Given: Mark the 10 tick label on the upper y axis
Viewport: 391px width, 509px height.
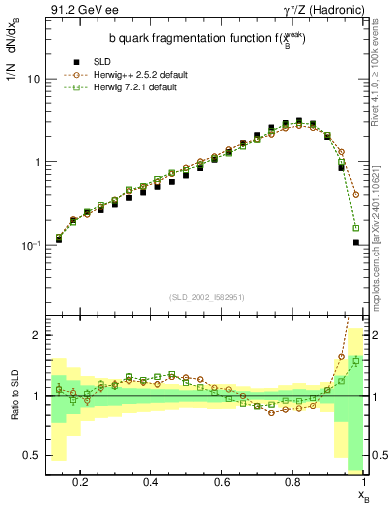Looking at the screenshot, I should (x=33, y=79).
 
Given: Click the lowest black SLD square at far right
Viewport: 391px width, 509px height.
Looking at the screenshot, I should (x=355, y=242).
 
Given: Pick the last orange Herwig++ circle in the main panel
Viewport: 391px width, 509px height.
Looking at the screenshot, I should (x=355, y=194).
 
